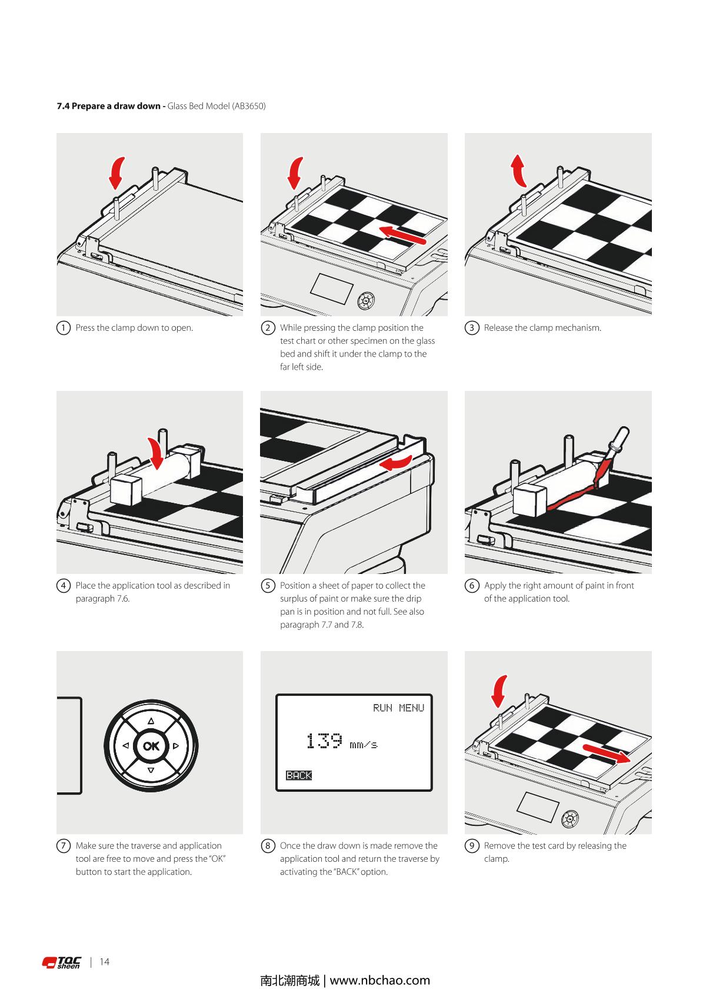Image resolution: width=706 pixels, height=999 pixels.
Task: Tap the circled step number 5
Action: tap(268, 586)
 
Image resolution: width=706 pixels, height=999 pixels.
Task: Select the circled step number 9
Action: tap(472, 846)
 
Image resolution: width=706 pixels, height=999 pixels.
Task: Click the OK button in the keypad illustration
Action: tap(151, 746)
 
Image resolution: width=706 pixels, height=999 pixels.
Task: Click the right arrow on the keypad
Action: tap(175, 746)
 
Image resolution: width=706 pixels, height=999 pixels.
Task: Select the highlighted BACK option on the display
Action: tap(299, 775)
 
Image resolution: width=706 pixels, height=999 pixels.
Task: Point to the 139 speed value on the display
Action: tap(324, 741)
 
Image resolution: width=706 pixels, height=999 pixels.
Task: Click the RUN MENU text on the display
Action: tap(398, 708)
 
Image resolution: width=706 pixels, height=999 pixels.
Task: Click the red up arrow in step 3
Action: tap(518, 170)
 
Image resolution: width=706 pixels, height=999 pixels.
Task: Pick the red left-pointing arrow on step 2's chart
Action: tap(402, 235)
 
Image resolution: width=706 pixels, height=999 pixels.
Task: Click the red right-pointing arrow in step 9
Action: tap(607, 753)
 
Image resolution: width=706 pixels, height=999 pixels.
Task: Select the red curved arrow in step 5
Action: tap(395, 464)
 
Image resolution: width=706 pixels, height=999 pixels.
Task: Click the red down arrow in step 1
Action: tap(118, 171)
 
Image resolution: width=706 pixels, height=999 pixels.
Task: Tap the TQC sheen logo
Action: tap(62, 963)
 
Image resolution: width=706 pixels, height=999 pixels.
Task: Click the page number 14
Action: tap(105, 962)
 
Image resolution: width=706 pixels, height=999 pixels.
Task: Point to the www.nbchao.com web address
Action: tap(380, 981)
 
